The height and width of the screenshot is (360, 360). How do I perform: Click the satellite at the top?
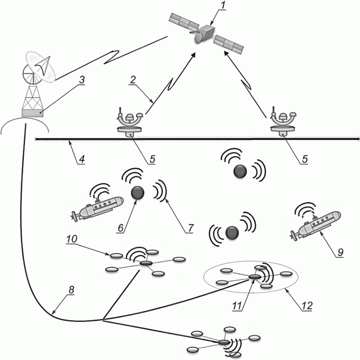click(x=206, y=34)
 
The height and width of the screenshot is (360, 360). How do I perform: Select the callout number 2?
click(x=133, y=80)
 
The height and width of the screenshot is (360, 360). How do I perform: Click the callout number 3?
click(x=82, y=80)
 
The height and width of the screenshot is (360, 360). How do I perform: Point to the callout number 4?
click(x=82, y=159)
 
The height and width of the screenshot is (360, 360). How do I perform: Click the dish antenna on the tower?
click(x=40, y=67)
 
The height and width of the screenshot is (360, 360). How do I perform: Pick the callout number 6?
click(x=121, y=228)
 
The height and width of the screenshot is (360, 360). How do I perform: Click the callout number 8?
click(x=71, y=290)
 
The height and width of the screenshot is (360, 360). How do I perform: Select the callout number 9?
click(x=340, y=252)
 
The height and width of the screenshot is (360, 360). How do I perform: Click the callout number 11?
click(x=237, y=306)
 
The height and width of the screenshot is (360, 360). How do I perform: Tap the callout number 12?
click(x=307, y=306)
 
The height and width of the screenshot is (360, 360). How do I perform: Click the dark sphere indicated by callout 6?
click(x=138, y=193)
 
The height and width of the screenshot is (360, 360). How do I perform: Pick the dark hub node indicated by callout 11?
click(x=254, y=277)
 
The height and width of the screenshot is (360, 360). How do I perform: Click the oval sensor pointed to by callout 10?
click(x=117, y=255)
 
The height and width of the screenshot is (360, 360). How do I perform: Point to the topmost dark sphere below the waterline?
click(x=240, y=171)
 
